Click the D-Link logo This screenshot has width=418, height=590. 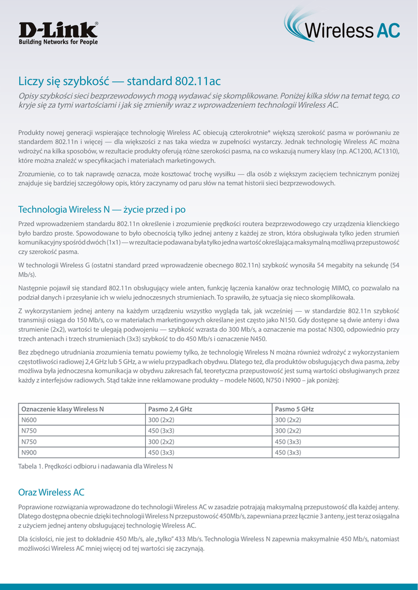pos(58,30)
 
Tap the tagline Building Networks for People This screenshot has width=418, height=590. pos(58,42)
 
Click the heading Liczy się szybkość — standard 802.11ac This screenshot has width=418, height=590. pos(119,81)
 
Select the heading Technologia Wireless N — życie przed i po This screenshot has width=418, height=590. pos(102,209)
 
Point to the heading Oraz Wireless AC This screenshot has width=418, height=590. pos(51,492)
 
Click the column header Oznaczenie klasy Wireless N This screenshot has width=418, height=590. pos(62,409)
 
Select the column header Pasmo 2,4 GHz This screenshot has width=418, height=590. pos(170,409)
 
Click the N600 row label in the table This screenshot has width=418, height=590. pos(29,420)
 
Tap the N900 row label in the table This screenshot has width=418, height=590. pos(29,452)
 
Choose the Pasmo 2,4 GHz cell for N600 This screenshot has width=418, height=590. pos(161,420)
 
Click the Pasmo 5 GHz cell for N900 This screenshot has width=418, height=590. pos(288,452)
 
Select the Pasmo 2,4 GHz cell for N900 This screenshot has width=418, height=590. pos(161,452)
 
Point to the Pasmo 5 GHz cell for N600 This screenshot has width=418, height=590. pos(288,420)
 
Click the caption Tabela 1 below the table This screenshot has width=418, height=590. pos(96,466)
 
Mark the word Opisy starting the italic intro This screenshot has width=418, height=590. pos(30,96)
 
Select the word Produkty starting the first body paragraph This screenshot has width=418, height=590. pos(32,133)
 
